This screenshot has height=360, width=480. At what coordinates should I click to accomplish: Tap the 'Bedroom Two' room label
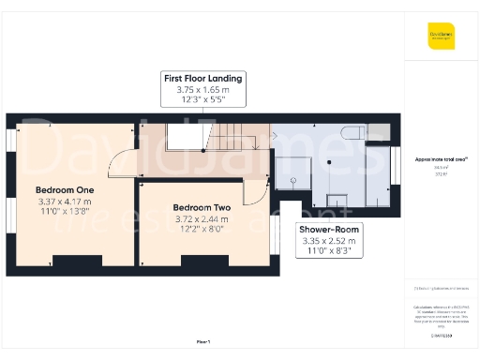coord(202,207)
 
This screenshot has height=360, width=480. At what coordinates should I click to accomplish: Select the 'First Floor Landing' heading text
coord(203,78)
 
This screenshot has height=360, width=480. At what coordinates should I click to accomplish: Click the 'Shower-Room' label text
coord(328,229)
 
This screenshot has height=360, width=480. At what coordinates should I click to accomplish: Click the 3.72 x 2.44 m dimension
coord(202,219)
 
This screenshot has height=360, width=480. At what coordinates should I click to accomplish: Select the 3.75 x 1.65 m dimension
coord(203,90)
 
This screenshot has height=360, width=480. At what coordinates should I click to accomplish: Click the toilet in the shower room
coord(352,133)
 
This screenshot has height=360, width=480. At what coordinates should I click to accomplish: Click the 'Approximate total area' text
coord(442,160)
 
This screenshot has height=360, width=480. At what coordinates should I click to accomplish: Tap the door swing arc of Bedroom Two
coord(253,191)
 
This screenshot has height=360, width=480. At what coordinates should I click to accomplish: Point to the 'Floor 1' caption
coord(202,342)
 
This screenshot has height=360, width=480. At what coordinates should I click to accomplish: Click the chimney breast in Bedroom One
coord(72,259)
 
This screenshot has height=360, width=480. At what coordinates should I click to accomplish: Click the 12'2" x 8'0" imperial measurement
coord(202,231)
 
